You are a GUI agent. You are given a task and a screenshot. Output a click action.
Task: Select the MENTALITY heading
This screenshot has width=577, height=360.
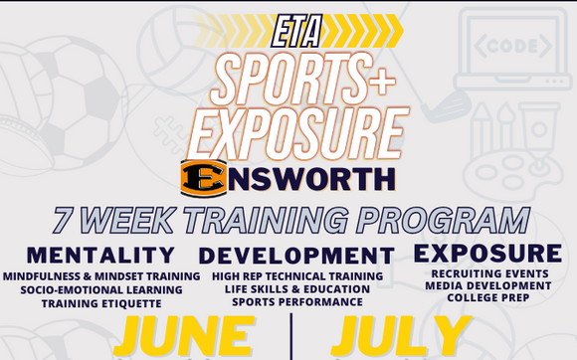(100, 255)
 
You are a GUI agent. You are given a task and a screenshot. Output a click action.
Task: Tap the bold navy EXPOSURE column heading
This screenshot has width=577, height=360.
(486, 253)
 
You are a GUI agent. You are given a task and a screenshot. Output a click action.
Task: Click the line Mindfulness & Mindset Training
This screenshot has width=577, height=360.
(100, 276)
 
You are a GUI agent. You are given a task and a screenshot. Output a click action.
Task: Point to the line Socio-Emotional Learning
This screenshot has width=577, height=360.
(100, 289)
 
